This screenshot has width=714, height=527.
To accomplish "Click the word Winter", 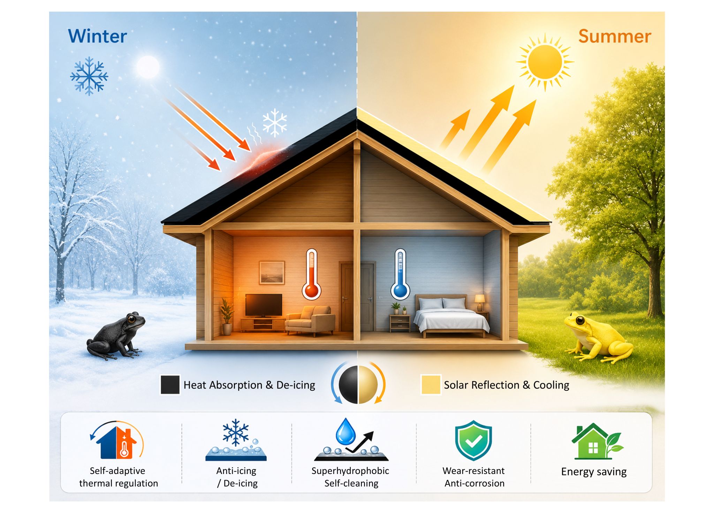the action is tap(97, 36).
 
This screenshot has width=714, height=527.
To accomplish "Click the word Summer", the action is tap(615, 36).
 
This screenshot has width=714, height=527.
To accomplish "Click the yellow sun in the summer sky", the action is tap(545, 62).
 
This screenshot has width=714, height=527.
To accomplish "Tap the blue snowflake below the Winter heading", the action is tap(89, 76).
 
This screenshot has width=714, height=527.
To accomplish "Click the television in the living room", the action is tap(264, 306).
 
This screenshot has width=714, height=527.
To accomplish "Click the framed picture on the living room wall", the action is tap(272, 273).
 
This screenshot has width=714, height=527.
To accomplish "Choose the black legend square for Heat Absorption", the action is tap(170, 385).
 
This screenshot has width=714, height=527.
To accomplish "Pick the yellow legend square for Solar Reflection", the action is tap(431, 384).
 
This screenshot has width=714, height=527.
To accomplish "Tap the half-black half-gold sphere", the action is tap(358, 385).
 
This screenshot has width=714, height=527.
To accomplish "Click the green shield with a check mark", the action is tap(473, 440).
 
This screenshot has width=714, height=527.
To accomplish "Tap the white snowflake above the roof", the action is tap(275, 122).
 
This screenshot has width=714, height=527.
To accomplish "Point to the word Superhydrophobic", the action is tap(350, 471).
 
